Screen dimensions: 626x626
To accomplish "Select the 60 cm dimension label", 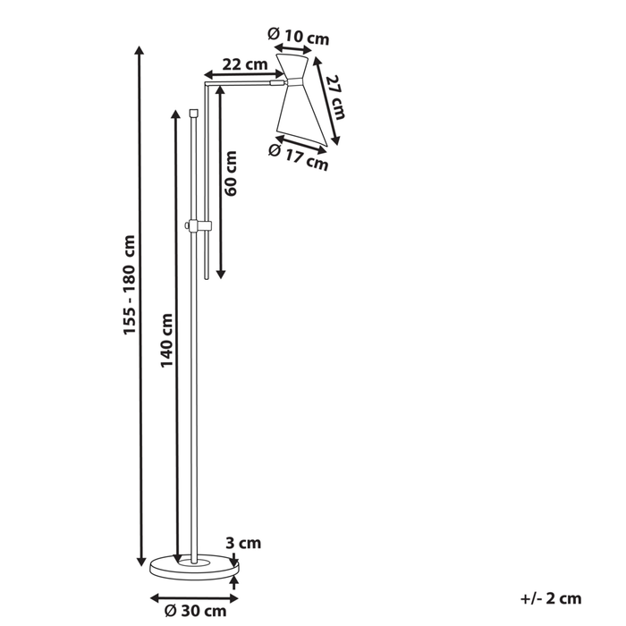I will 231,174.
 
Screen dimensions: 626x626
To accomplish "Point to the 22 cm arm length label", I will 244,63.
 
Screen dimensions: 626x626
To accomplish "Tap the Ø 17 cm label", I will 299,157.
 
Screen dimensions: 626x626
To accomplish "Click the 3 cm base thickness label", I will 242,542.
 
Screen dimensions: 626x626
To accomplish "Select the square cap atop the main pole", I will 194,113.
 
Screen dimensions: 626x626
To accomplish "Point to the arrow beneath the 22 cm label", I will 239,74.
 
